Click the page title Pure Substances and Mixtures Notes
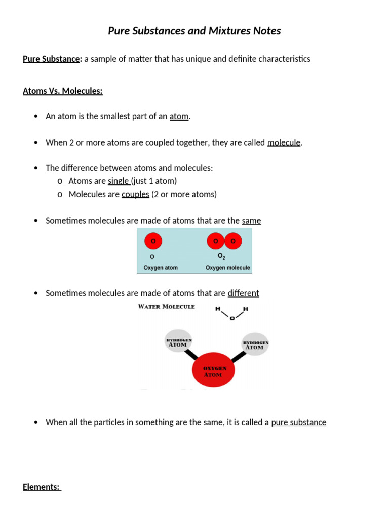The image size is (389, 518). click(194, 31)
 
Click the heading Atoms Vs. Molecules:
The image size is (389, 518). click(62, 91)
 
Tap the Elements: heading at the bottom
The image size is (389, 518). click(42, 487)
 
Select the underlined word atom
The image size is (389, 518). click(179, 116)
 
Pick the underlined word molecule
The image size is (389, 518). click(284, 143)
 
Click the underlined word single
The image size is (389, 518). click(119, 181)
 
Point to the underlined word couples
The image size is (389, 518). click(135, 194)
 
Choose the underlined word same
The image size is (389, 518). click(251, 221)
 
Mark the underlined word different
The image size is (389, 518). click(243, 293)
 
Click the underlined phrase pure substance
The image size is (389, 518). click(298, 422)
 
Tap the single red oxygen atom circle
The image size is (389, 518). click(153, 241)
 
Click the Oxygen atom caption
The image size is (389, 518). click(161, 268)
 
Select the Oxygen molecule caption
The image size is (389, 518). click(227, 268)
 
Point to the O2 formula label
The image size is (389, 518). click(222, 256)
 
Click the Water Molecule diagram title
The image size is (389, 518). click(167, 307)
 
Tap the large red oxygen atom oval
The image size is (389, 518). click(213, 371)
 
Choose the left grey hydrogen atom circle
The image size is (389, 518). click(179, 342)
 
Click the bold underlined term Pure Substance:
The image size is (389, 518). click(52, 59)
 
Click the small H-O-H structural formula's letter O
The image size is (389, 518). click(232, 319)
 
